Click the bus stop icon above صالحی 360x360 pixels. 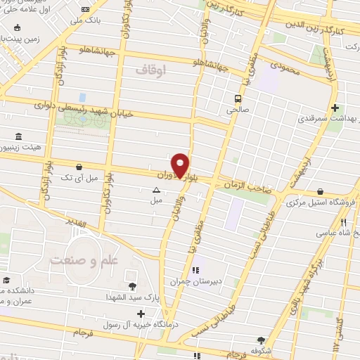(x=238, y=98)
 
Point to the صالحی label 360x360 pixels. (x=234, y=110)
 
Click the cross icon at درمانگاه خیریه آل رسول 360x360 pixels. (x=141, y=313)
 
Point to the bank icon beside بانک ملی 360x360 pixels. (x=86, y=9)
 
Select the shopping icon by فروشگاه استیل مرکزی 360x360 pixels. (x=321, y=191)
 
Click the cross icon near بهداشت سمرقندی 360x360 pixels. (x=335, y=108)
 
